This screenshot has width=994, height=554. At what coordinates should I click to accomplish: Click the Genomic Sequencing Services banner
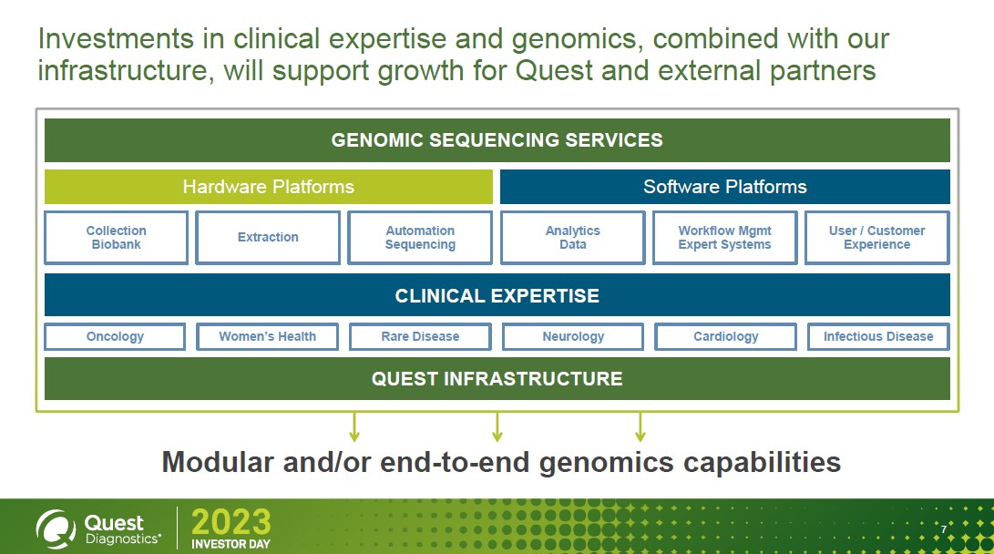497,140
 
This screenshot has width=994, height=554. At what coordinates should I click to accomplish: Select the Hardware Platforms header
268,187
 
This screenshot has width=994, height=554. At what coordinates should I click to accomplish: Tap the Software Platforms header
724,187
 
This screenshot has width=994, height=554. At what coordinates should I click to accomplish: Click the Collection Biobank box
116,237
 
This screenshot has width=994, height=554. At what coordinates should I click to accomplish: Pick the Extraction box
268,237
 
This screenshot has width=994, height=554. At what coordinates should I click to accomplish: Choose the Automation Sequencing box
420,237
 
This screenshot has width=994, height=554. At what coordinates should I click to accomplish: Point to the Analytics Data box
572,237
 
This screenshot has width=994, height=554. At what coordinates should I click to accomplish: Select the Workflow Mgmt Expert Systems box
724,237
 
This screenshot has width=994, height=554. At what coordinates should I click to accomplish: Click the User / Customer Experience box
876,237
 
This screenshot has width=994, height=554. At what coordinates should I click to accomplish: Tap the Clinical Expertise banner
497,295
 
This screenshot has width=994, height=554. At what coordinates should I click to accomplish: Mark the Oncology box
115,336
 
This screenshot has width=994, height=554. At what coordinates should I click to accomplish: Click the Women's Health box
267,336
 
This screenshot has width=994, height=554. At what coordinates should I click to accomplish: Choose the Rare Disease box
420,336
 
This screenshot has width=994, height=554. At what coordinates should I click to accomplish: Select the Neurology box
573,336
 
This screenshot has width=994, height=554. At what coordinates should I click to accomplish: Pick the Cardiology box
725,336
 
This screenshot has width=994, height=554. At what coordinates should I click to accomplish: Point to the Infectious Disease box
878,336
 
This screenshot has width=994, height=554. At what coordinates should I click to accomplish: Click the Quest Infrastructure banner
497,378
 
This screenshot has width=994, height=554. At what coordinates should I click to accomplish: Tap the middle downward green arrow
497,426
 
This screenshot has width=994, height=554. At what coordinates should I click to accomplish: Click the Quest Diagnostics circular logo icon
56,528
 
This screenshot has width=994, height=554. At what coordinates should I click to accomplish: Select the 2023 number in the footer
231,522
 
